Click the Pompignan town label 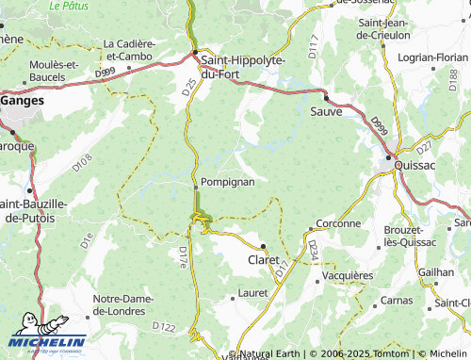(227, 181)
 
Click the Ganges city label (23, 98)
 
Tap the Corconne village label (339, 223)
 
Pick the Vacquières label (347, 275)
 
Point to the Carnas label (397, 300)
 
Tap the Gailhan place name (435, 270)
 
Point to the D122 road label (164, 327)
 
